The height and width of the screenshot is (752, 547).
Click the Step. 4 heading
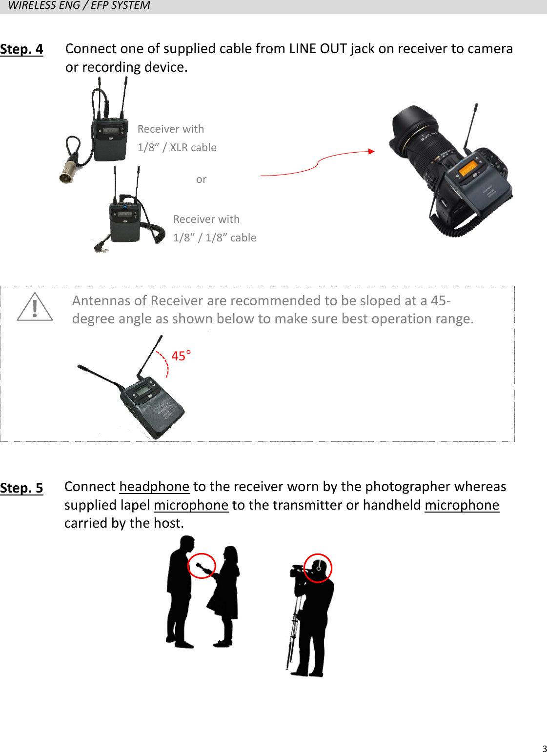pos(21,49)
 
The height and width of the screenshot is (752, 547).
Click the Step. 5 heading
pos(21,488)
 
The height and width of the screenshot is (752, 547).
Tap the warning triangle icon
pos(35,307)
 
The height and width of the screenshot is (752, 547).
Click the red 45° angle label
pos(181,356)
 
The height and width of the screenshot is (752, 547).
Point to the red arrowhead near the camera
pos(371,152)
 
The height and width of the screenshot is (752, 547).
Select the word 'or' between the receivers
pos(201,179)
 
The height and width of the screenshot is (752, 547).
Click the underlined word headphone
pos(154,487)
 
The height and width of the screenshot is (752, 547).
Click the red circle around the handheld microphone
pos(202,566)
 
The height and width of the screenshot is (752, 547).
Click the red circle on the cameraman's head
pos(318,568)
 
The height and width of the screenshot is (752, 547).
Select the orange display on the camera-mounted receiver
pos(467,169)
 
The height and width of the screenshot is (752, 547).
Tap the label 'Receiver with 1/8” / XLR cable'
pos(177,138)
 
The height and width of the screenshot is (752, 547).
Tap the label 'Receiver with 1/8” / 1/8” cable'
pos(214,228)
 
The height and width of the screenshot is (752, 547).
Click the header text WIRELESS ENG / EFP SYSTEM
pos(79,5)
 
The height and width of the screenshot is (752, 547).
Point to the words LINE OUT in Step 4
pos(318,49)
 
